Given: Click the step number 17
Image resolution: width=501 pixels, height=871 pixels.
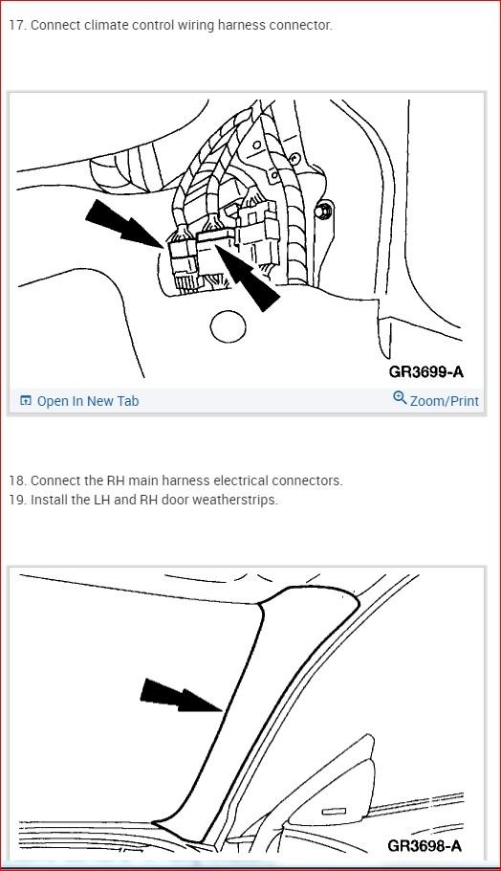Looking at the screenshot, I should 17,25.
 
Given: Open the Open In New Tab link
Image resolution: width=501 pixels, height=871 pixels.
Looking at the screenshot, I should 87,401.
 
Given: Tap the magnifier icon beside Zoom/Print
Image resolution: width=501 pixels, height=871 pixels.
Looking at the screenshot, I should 400,399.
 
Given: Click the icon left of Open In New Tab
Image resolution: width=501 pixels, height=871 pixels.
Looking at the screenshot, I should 26,401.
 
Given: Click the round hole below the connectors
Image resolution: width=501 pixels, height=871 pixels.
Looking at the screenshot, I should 228,326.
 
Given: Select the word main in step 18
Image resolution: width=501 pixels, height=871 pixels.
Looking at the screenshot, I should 136,480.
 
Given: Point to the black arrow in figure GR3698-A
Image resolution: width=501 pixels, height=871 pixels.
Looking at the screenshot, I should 182,701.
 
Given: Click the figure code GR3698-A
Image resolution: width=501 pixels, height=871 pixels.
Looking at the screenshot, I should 425,845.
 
